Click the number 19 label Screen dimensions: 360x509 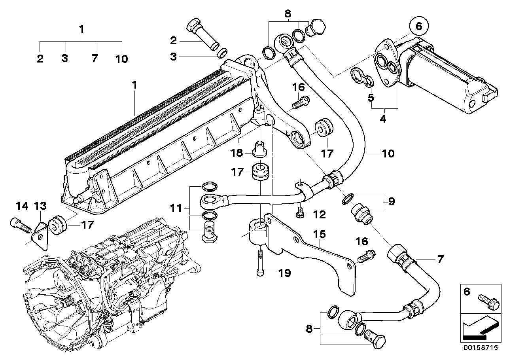tap(284, 273)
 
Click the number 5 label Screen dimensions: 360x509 tap(371, 97)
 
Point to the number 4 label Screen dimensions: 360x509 tap(382, 118)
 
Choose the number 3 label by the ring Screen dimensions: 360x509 tap(173, 57)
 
